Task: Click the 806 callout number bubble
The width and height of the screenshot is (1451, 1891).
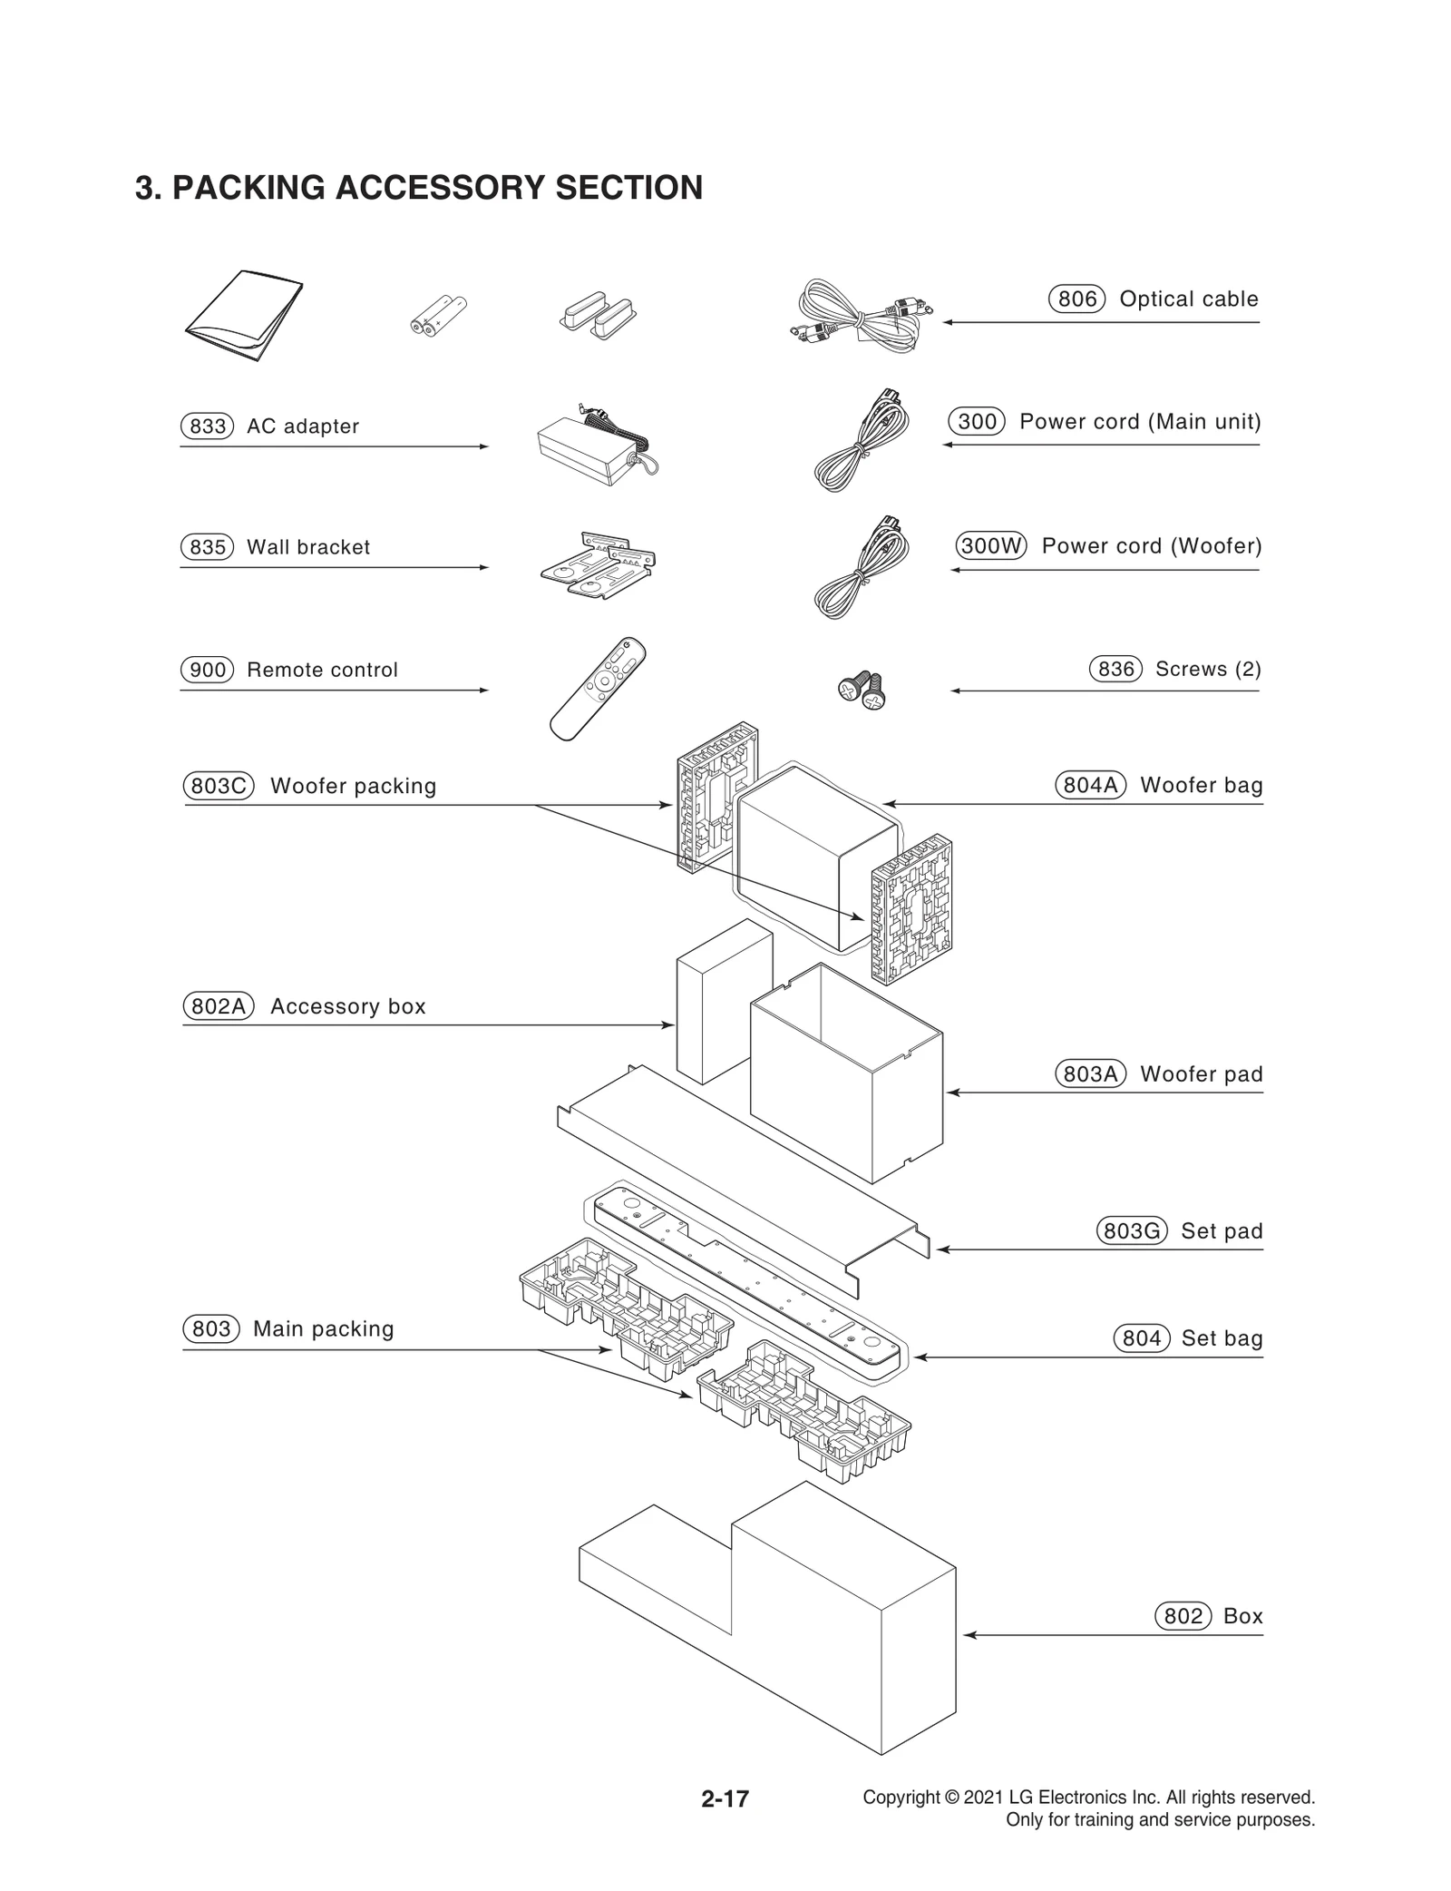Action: (1076, 299)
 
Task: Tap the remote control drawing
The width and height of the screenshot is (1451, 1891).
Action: (598, 688)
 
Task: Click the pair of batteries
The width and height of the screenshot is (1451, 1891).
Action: (438, 317)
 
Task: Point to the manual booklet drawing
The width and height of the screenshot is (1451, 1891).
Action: (245, 315)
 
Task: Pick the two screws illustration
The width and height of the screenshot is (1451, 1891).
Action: (862, 691)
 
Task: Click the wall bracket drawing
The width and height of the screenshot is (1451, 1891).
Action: (599, 564)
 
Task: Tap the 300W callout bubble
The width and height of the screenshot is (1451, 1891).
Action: (991, 545)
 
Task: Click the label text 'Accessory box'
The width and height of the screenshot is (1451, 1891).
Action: (347, 1006)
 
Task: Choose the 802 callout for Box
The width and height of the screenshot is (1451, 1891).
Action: (1183, 1616)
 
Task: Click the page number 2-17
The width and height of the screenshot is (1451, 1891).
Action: (725, 1798)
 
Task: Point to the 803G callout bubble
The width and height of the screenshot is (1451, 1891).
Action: (1131, 1231)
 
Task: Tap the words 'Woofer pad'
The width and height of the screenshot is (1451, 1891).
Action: (1201, 1074)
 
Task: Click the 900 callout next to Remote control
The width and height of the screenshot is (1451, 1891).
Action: (208, 670)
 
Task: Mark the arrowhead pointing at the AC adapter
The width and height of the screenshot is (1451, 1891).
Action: (484, 446)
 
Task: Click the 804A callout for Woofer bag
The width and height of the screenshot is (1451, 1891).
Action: (1090, 785)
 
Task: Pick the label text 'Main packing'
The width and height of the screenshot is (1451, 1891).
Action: (323, 1329)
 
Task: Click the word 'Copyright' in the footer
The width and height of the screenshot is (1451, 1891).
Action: (901, 1798)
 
